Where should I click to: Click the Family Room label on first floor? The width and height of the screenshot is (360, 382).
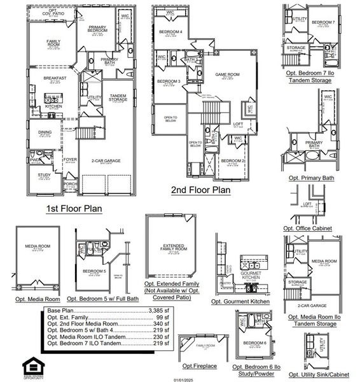coord(53,43)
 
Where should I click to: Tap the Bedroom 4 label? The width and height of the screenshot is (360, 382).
coord(170,32)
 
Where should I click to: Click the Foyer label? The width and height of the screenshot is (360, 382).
coord(69,160)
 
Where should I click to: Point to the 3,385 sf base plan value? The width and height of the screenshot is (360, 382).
coord(159,310)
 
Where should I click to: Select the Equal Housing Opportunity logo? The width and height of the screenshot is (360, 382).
coord(31,366)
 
